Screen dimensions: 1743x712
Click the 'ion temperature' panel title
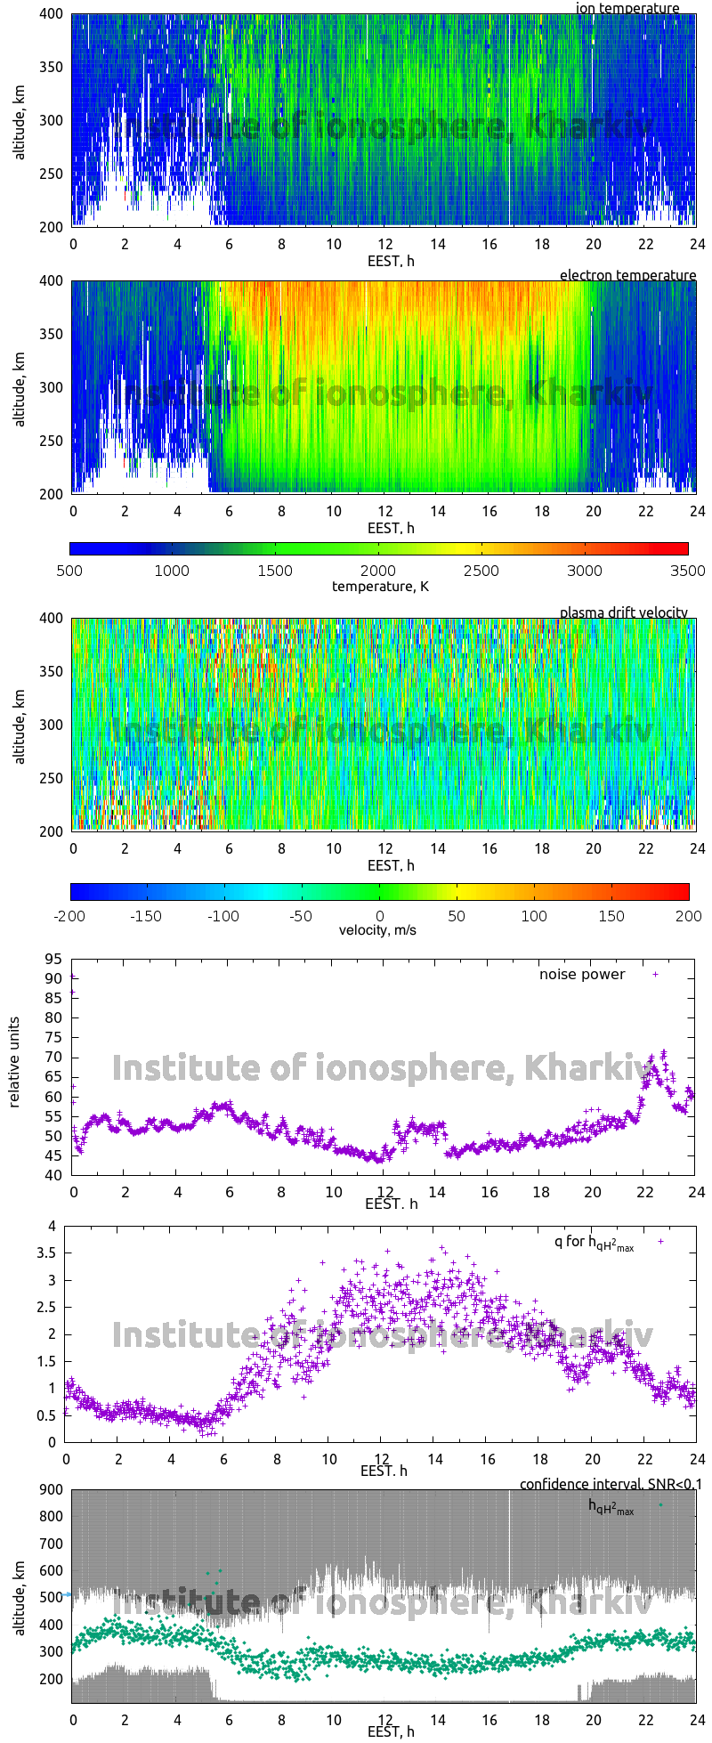click(627, 8)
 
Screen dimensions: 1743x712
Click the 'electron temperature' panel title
click(627, 275)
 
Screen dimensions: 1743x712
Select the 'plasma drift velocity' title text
click(623, 612)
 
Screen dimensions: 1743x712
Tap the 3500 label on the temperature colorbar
click(687, 571)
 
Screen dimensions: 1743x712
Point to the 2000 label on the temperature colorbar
click(378, 571)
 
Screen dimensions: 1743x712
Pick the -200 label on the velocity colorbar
click(71, 915)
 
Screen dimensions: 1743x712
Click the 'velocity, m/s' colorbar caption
click(377, 930)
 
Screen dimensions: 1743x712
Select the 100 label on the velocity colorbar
click(534, 915)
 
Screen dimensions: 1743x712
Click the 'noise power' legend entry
click(582, 974)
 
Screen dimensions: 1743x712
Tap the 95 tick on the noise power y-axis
click(53, 959)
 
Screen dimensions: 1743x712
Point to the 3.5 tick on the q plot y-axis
click(47, 1253)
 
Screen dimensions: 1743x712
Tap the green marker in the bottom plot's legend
click(660, 1504)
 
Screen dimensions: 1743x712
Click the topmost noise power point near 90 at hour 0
click(72, 977)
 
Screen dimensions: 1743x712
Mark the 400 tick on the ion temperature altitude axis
click(52, 14)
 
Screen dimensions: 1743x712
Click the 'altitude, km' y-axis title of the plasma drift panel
click(20, 726)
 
